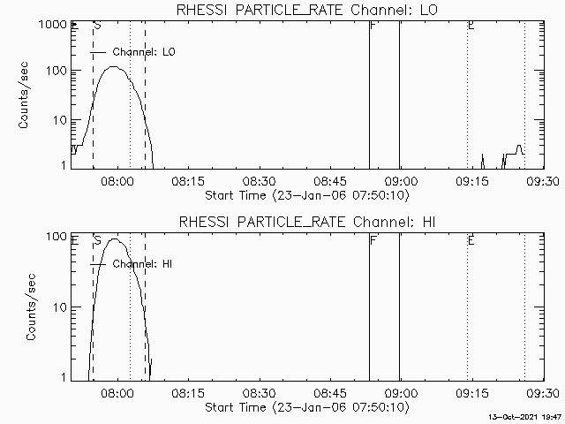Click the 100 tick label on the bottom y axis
tap(55, 238)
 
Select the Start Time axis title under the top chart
tap(305, 194)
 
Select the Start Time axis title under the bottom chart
tap(305, 407)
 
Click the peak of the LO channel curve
tap(113, 67)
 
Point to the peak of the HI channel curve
tap(115, 239)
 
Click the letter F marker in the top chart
tap(374, 26)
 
